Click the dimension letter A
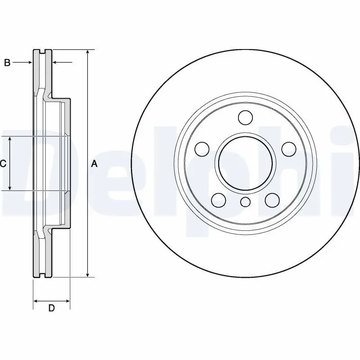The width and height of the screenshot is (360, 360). coord(94,164)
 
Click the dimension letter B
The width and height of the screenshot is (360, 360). coord(7,63)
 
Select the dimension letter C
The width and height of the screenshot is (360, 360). coord(3,164)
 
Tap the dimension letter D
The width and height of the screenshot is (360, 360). coord(51,308)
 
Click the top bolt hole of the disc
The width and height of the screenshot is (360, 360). coord(245,117)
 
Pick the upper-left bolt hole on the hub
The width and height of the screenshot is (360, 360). coord(202,149)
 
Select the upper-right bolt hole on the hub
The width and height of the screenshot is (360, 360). coord(289,149)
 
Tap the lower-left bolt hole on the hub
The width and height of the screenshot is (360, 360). coord(219,200)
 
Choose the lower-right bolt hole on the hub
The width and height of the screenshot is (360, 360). coord(272,200)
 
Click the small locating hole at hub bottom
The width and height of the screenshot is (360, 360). coord(245,202)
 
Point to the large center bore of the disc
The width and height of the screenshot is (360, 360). coord(245,163)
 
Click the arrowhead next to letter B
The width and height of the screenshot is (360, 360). coord(29,62)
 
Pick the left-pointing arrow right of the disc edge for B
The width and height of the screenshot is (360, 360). coord(63,62)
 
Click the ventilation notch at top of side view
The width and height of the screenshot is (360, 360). coord(42,52)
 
